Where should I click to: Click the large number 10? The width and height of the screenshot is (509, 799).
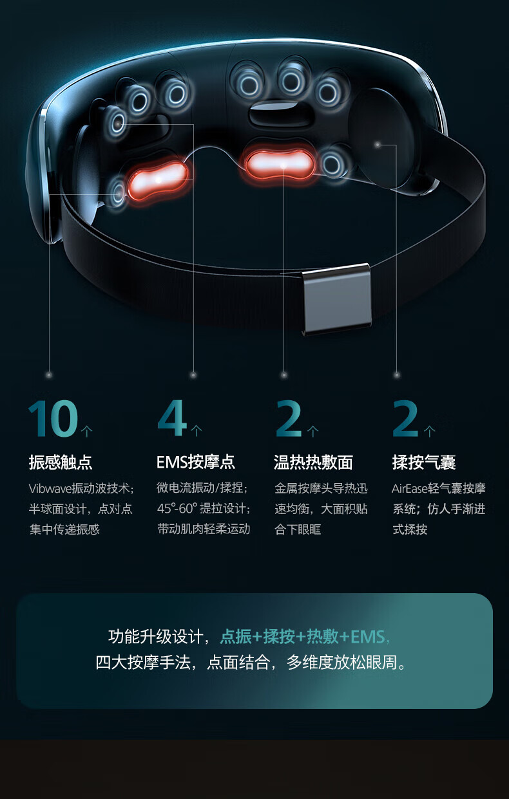click(53, 418)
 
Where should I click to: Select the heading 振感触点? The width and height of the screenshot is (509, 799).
click(61, 462)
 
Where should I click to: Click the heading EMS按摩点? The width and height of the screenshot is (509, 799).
click(195, 462)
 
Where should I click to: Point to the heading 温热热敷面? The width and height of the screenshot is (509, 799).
click(313, 462)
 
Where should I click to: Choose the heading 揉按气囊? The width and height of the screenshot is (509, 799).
click(424, 462)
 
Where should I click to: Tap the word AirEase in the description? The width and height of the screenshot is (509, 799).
click(409, 488)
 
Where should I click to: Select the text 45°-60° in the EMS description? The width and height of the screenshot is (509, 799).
click(177, 509)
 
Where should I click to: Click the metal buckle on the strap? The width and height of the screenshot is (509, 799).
click(336, 299)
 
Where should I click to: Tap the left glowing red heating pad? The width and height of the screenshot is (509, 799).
click(158, 180)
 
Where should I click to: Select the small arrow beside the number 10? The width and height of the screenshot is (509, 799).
click(87, 431)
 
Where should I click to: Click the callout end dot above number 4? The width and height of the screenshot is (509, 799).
click(193, 375)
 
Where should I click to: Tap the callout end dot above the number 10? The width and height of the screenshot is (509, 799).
click(50, 375)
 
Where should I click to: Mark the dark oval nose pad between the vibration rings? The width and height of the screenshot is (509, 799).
click(280, 114)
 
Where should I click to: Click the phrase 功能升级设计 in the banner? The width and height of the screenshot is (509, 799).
click(156, 637)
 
